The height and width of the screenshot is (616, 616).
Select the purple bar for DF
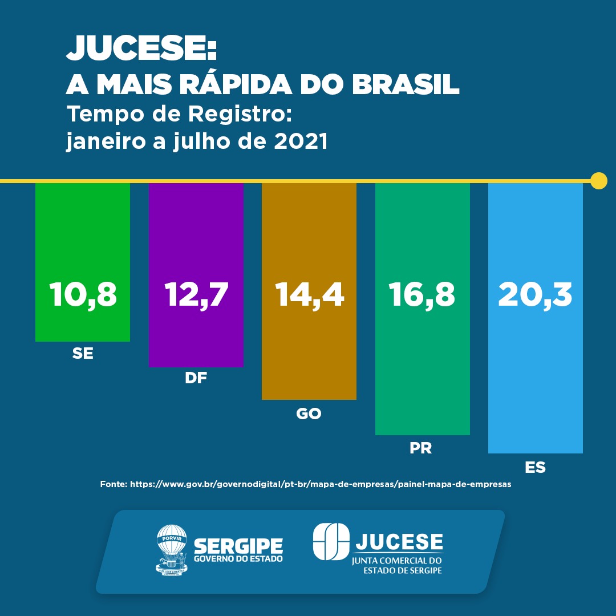196,240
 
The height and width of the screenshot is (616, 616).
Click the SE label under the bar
83,354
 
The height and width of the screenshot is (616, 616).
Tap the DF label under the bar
196,378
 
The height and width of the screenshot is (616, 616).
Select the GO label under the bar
309,414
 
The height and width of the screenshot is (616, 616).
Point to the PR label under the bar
421,448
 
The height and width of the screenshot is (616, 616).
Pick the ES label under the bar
535,468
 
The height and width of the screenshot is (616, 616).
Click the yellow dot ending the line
598,181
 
